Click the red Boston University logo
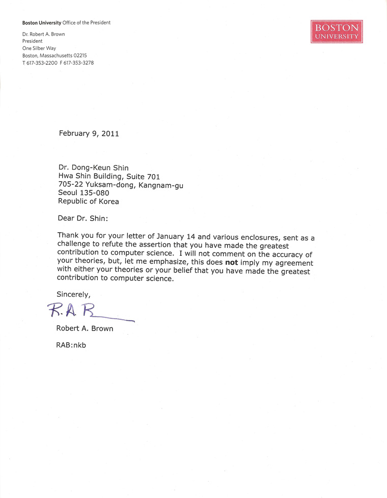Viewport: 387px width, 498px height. click(337, 31)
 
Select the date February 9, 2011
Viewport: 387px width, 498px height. click(89, 134)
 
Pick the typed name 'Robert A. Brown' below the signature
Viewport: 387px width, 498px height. click(85, 328)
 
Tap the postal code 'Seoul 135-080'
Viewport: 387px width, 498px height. click(84, 193)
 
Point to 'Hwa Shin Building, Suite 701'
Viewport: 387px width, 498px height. click(109, 176)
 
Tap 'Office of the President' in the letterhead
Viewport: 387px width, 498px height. click(87, 22)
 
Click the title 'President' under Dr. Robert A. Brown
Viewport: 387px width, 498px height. click(32, 42)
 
